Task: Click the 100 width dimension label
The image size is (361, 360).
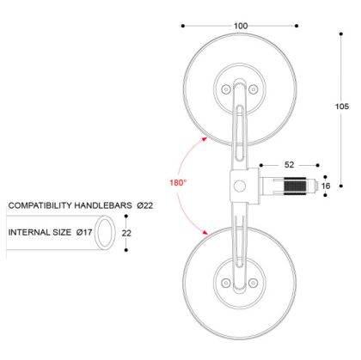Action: tap(241, 26)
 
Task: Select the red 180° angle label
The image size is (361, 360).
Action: tap(177, 182)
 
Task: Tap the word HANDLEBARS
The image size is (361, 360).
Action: tap(113, 206)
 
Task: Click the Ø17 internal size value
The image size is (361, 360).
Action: tap(84, 233)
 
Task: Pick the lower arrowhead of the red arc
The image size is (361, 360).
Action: tap(205, 232)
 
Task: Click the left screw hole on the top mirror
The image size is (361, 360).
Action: tap(226, 88)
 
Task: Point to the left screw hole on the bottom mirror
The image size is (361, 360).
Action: tap(226, 278)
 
